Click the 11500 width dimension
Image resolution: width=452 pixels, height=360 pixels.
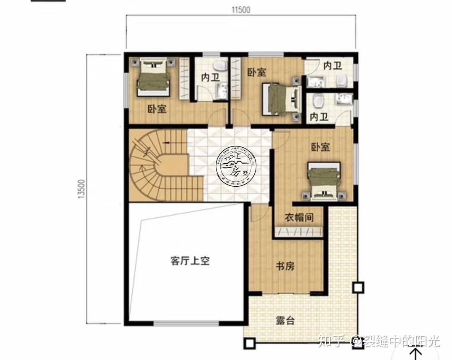click(240, 10)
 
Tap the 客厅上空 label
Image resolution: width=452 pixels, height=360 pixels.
click(190, 261)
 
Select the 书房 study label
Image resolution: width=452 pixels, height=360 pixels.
click(285, 266)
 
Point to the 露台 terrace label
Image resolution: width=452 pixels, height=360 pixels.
click(285, 321)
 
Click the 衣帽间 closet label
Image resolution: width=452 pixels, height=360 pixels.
click(299, 218)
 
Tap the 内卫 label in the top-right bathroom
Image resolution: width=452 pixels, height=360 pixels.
click(333, 66)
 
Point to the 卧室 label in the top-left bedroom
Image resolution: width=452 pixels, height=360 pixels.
click(157, 110)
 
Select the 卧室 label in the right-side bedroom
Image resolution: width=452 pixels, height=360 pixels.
click(320, 147)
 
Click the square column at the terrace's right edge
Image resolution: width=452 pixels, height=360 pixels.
click(358, 288)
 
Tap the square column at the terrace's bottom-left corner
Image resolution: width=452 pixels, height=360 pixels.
click(250, 344)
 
